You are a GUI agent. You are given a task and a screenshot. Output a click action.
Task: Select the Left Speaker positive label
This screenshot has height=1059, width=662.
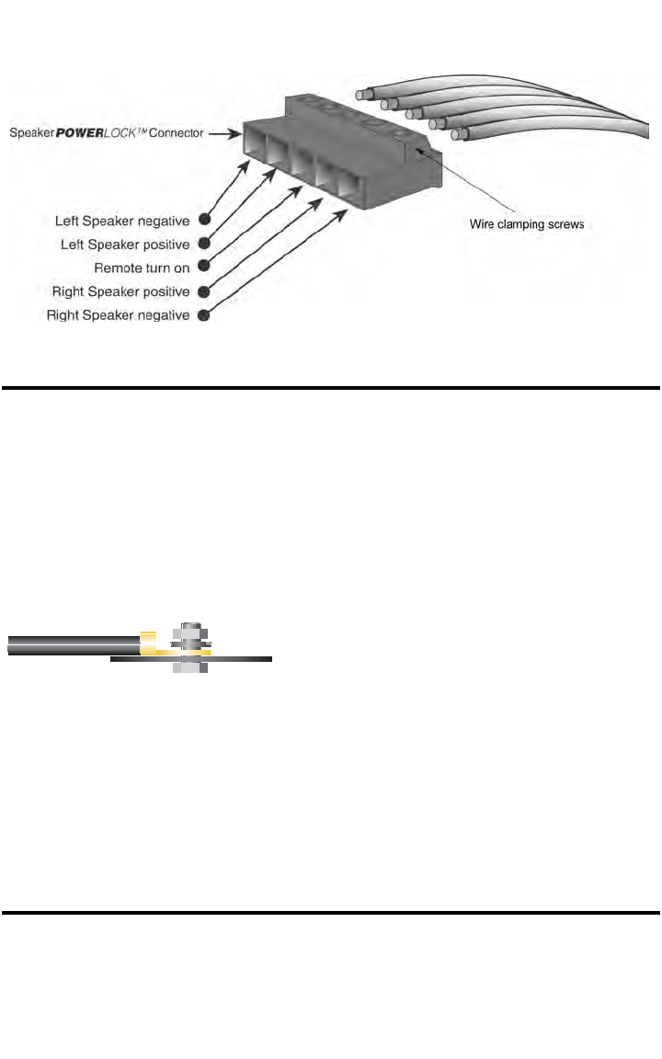tap(126, 245)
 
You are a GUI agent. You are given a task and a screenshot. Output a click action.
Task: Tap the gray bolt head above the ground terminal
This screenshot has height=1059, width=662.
tap(189, 630)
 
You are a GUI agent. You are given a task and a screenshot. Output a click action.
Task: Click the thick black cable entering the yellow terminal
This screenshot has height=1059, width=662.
tap(74, 643)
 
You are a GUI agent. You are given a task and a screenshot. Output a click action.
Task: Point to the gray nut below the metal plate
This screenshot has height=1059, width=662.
tap(189, 666)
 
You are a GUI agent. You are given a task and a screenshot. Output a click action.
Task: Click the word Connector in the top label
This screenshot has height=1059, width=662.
tap(177, 132)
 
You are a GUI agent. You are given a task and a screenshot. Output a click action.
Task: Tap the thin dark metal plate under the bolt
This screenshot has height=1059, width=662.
tap(239, 658)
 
